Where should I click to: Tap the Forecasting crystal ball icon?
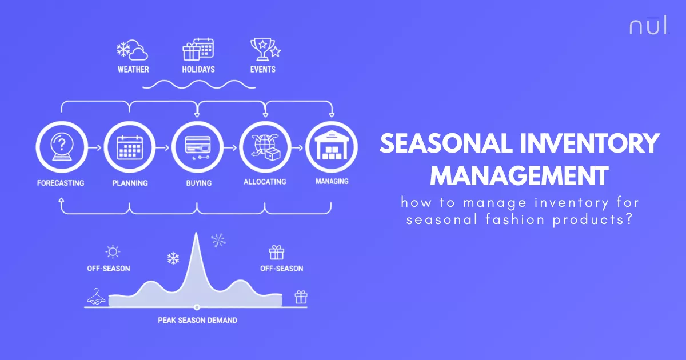pos(62,147)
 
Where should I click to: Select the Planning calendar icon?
pos(129,147)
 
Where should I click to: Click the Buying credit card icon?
pos(197,147)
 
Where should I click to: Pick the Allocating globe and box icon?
pos(265,147)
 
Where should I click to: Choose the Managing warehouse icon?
pos(332,147)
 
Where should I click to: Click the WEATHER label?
pos(133,69)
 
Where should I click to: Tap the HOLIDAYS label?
pos(198,69)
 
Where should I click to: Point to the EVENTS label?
pos(263,69)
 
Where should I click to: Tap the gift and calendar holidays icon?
pos(198,49)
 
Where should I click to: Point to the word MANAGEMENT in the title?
pos(519,175)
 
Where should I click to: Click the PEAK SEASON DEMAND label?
pos(197,320)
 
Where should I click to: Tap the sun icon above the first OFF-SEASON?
pos(113,251)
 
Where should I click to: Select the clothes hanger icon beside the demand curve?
pos(95,296)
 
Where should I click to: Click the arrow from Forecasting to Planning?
pos(95,147)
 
